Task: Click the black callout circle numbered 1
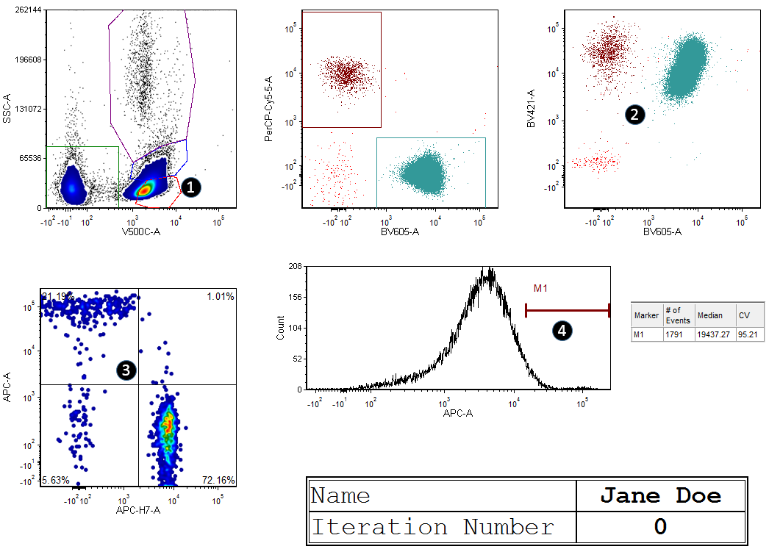click(190, 187)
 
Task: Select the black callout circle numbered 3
click(126, 371)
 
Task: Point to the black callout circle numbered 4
click(562, 331)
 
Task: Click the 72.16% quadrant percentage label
click(218, 481)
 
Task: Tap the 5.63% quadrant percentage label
click(55, 481)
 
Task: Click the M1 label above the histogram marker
click(540, 289)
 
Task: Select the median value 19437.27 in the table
click(714, 335)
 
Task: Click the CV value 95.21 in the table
click(748, 335)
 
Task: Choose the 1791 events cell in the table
click(676, 335)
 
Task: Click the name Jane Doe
click(661, 496)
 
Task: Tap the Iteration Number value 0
click(661, 526)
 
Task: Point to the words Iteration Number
click(432, 527)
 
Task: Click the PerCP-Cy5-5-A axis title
click(268, 109)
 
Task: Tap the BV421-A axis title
click(531, 109)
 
